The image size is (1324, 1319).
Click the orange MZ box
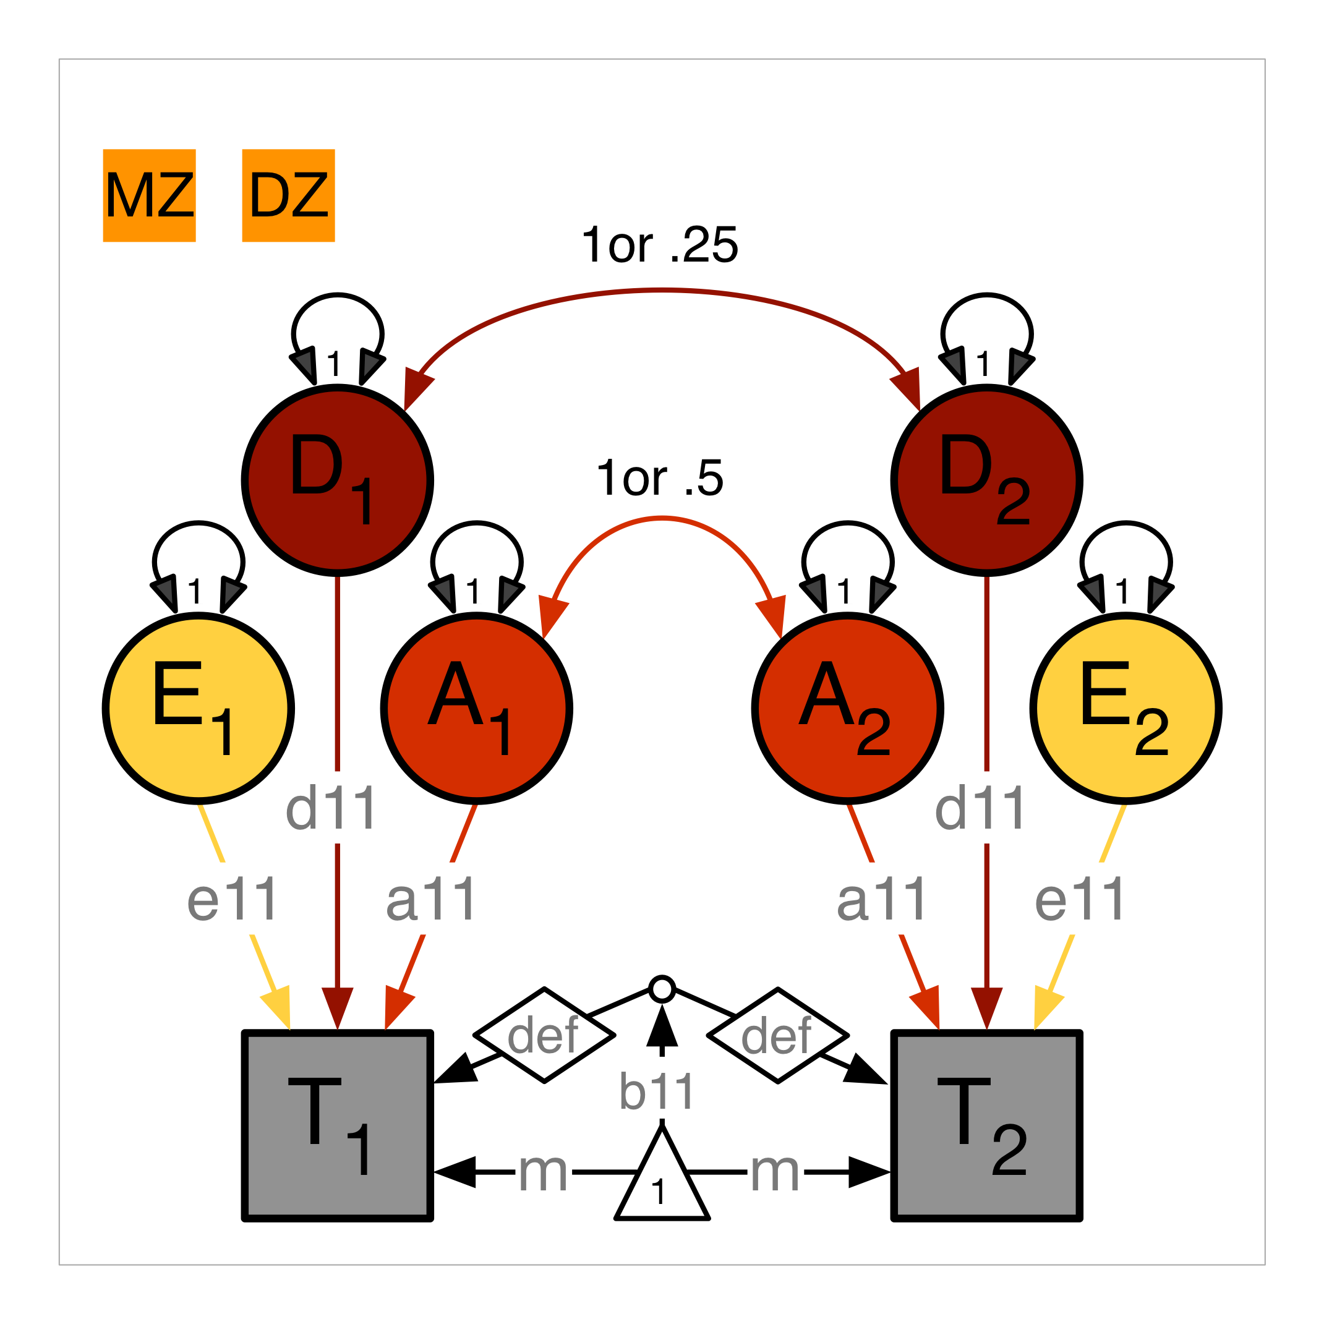[150, 195]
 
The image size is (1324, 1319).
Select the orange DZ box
[289, 195]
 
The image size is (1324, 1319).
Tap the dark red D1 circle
[338, 480]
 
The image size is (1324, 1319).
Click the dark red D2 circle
[986, 480]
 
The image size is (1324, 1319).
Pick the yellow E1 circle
[199, 708]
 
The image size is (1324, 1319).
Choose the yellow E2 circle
[1125, 708]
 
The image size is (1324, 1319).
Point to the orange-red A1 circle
[477, 708]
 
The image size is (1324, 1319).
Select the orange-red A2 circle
[847, 708]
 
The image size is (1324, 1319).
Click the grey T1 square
[338, 1125]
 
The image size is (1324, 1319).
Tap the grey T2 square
[986, 1125]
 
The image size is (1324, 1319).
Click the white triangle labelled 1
[661, 1184]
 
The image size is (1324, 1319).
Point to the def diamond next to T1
[544, 1035]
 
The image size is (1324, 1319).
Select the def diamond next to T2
[778, 1035]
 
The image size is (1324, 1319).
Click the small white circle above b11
[662, 989]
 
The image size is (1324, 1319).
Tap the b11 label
[657, 1092]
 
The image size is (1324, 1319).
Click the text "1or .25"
[660, 245]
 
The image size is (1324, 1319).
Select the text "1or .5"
[660, 478]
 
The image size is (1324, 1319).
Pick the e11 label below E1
[233, 900]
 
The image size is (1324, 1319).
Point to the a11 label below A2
[882, 900]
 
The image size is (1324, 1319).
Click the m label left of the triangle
[543, 1172]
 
